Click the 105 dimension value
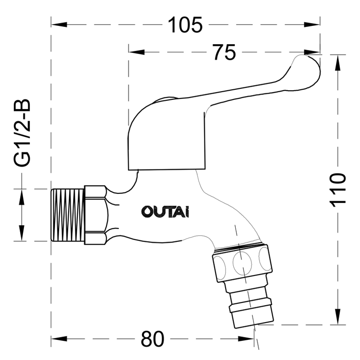pos(185,24)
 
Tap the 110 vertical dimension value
pos(338,190)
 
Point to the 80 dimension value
pos(152,339)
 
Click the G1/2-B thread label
pos(22,133)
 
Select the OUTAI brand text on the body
pos(165,211)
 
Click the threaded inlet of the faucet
pos(67,215)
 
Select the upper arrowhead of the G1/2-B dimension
pos(22,193)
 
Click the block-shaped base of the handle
pos(166,144)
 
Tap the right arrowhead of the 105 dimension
pos(314,25)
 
